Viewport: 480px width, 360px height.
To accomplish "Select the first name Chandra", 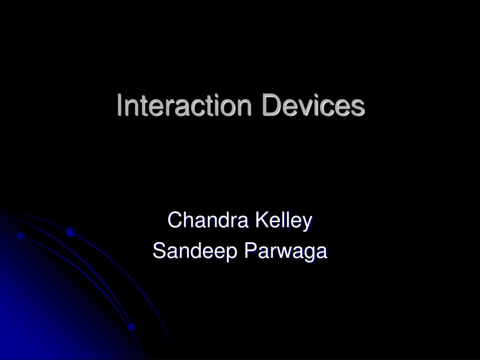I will point(209,221).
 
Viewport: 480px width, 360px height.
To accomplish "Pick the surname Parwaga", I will point(286,252).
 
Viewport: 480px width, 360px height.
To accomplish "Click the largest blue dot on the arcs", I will point(71,232).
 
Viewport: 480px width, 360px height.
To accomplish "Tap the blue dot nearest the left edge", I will point(21,236).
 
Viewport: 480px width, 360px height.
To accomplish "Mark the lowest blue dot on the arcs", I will point(132,326).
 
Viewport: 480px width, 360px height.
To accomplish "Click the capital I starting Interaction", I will point(120,105).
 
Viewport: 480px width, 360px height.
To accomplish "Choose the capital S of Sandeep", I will point(159,252).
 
